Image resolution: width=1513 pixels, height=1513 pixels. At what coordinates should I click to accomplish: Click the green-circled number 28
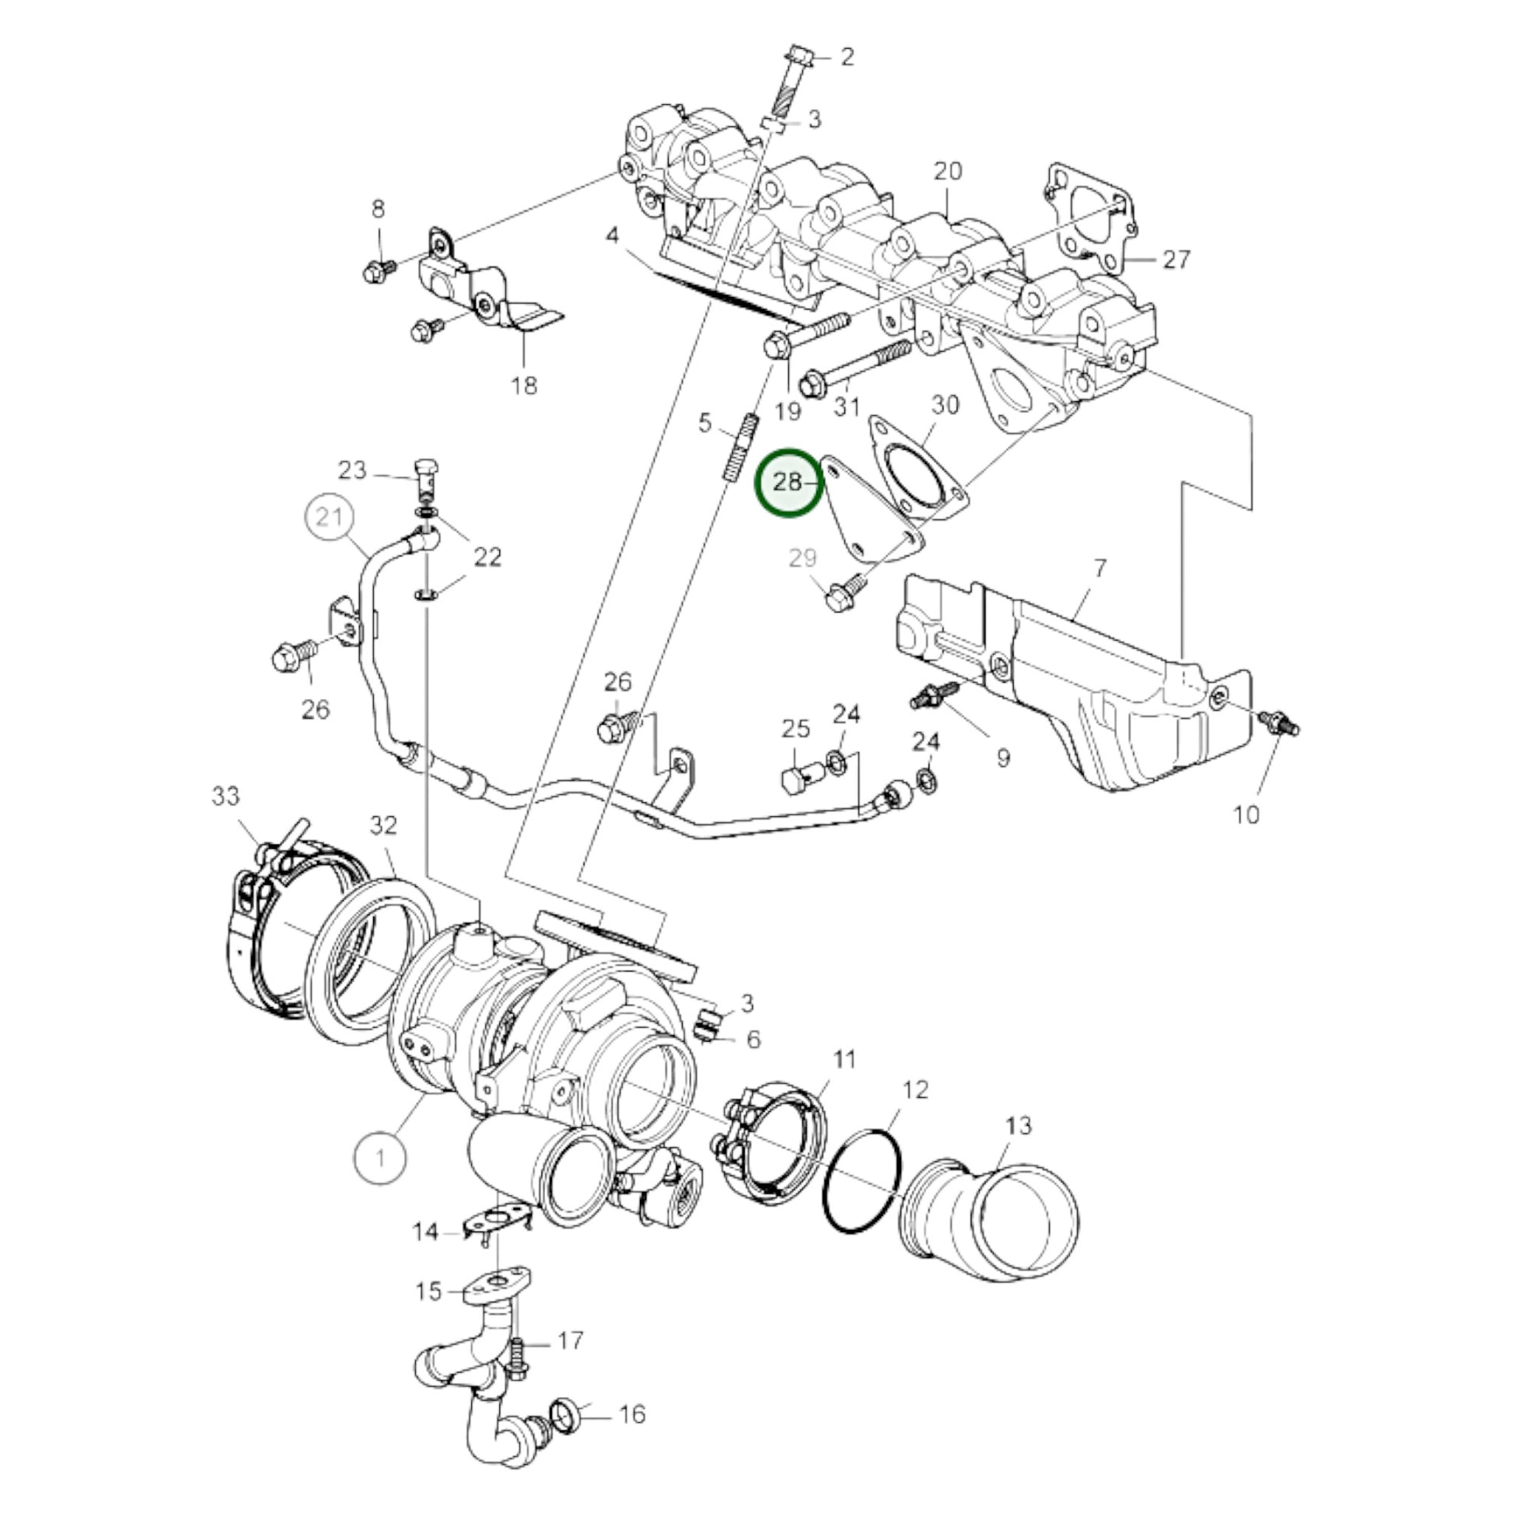pos(788,482)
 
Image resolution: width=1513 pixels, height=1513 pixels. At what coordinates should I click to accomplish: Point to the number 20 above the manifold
pos(948,171)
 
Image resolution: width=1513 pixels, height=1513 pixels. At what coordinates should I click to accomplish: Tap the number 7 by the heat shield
pos(1100,568)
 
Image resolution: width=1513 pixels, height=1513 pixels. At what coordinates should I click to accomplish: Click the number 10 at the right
pos(1246,815)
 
